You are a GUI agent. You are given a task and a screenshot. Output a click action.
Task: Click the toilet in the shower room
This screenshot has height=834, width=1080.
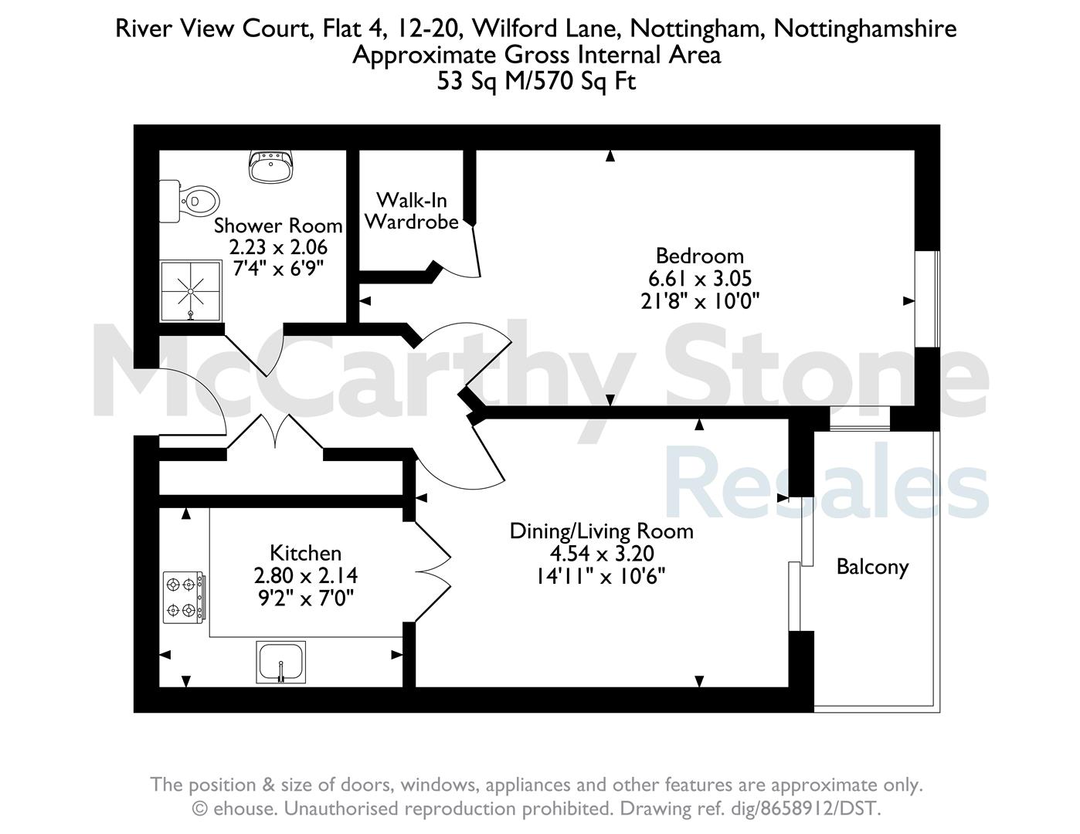188,202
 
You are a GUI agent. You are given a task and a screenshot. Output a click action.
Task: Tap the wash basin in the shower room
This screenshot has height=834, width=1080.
271,166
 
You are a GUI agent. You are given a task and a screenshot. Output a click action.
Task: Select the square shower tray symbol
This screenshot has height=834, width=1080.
192,290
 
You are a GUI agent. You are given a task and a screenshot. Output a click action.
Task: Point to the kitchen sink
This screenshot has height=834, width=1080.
280,662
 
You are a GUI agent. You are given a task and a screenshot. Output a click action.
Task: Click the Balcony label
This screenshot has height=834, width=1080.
872,567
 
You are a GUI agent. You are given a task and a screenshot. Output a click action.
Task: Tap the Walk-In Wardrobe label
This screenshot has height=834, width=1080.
412,211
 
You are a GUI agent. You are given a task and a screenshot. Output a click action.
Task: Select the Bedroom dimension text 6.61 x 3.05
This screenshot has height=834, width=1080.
700,279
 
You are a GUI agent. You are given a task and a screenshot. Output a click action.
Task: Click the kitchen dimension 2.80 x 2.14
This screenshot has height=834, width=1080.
306,576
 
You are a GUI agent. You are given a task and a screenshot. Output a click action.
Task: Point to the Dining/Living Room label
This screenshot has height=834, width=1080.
601,531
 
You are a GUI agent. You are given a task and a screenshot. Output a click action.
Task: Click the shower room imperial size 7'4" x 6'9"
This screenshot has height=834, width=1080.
278,269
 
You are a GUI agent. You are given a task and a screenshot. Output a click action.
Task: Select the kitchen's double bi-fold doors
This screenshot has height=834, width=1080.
433,571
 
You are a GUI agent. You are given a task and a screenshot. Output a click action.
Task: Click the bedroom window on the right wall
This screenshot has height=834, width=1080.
927,299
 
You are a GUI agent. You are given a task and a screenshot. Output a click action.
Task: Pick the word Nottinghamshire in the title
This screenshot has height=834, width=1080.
864,29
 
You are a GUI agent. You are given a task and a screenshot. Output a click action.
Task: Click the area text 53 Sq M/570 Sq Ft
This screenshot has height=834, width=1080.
536,81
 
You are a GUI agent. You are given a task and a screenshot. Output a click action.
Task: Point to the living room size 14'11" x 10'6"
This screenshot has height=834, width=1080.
600,577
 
